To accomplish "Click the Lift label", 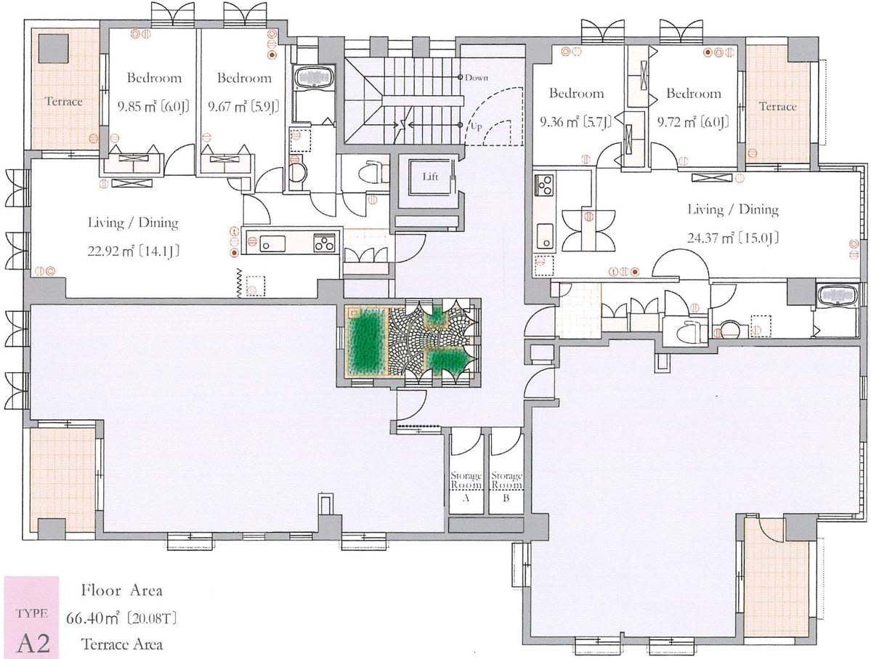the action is [x=430, y=177].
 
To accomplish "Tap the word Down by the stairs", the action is [x=477, y=77].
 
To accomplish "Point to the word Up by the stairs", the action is [x=476, y=126].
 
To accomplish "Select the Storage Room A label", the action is [x=466, y=486].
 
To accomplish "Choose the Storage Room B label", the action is [x=506, y=486].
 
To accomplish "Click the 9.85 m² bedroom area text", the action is [x=153, y=106].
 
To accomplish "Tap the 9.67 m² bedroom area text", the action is [x=243, y=106].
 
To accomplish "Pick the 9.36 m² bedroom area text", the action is [x=576, y=121].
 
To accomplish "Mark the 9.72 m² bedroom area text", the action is [x=693, y=121].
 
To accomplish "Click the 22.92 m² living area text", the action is [x=134, y=251].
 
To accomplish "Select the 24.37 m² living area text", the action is [x=733, y=238].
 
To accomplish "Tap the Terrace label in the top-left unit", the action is [x=63, y=101].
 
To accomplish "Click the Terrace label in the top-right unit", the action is [x=778, y=106].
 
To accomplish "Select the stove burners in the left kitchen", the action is [x=325, y=243].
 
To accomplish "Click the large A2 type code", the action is [x=33, y=642].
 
